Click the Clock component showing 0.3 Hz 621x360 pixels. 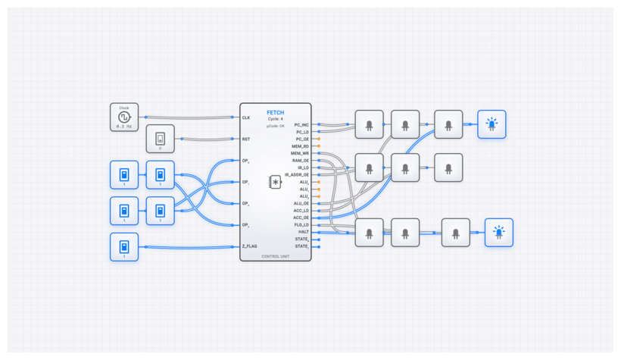123,117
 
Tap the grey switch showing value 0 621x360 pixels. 160,139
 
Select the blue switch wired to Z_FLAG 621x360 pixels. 123,247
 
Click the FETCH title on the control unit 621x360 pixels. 276,112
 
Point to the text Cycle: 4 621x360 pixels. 276,119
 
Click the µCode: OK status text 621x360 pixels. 276,126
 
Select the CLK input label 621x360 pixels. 246,117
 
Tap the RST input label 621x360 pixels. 246,139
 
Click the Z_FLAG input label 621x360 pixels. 251,246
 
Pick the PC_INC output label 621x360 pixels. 301,124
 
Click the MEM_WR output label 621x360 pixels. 300,153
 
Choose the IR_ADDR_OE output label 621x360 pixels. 297,174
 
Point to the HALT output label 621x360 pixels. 304,232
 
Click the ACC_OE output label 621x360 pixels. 301,218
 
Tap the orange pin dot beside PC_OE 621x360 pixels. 319,139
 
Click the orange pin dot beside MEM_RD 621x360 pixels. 319,146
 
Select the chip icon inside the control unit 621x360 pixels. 276,182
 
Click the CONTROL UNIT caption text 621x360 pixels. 276,257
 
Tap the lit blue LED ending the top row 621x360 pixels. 491,124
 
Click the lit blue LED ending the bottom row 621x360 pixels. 499,233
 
